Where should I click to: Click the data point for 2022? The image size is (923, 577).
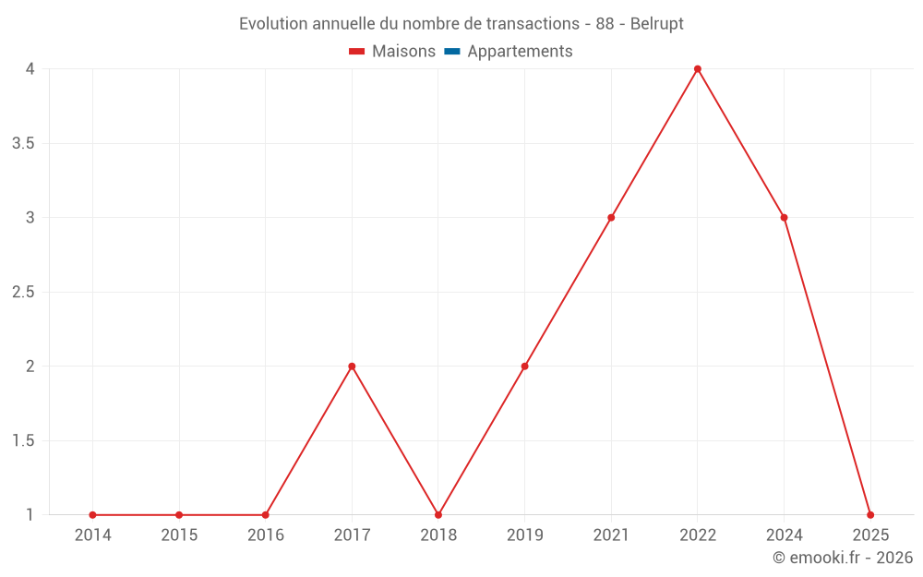point(698,69)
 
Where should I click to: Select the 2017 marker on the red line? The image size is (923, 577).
point(352,367)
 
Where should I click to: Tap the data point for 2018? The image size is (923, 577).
point(438,515)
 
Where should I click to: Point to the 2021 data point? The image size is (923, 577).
point(611,218)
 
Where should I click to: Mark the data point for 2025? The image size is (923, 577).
point(870,515)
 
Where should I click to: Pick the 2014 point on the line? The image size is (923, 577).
point(92,515)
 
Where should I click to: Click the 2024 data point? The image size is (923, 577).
point(784,218)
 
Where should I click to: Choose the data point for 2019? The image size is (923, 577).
point(524,367)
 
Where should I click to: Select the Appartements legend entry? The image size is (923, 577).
point(520,52)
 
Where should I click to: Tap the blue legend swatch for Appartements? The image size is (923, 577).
point(452,52)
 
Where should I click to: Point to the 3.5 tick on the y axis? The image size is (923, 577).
point(24,144)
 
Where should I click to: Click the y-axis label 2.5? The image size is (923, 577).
point(24,293)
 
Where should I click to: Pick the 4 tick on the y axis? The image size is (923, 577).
point(30,69)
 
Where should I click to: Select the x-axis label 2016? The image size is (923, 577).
point(266,535)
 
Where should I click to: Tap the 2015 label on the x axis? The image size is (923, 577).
point(179,535)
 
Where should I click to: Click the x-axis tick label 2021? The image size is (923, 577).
point(611,535)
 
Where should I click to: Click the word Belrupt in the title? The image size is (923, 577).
point(657,24)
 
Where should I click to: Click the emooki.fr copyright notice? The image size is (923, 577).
point(843,558)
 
